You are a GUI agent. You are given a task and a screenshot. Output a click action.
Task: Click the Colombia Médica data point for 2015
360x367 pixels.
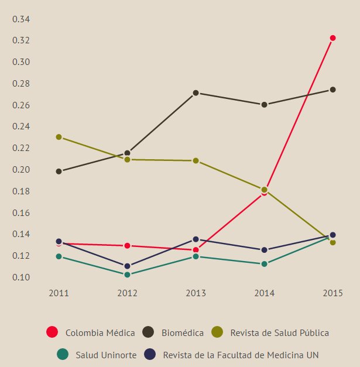[332, 38]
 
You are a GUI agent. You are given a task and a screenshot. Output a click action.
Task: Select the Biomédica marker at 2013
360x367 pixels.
[196, 93]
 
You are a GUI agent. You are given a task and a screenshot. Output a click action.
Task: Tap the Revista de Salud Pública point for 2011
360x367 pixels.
[59, 137]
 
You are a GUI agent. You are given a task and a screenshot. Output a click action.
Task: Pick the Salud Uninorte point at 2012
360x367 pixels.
[127, 275]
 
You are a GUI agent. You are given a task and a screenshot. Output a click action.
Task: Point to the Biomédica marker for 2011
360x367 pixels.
[59, 172]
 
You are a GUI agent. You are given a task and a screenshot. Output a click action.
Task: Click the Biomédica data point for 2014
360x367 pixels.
[264, 105]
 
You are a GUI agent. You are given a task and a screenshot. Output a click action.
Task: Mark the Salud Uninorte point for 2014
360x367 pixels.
[264, 264]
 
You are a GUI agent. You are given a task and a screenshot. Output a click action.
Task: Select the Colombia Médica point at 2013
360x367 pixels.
[196, 250]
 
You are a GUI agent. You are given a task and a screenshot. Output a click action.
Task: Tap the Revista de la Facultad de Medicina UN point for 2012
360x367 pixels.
[127, 266]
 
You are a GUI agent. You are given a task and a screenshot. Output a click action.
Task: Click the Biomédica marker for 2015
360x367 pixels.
[332, 90]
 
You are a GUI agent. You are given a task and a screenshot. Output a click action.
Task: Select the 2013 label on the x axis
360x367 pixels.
[196, 293]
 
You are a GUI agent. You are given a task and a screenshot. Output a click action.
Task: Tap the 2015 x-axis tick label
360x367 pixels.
[332, 293]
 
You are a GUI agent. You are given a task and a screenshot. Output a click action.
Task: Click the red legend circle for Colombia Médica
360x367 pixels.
[52, 332]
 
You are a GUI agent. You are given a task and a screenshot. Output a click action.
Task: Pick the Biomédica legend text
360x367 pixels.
[182, 333]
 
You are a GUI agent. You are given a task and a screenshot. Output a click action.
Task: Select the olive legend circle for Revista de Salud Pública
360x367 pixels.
[217, 332]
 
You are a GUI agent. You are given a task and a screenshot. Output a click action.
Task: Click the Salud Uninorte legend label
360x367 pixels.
[106, 355]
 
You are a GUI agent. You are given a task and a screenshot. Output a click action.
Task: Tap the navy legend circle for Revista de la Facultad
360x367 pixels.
[150, 355]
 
